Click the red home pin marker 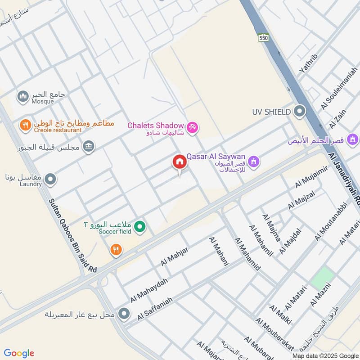coord(179,162)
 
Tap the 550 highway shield coord(263,38)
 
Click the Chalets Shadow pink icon coord(193,128)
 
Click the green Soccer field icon coord(140,226)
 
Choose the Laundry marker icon coord(50,180)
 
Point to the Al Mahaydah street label coord(148,290)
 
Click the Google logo coord(19,353)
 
